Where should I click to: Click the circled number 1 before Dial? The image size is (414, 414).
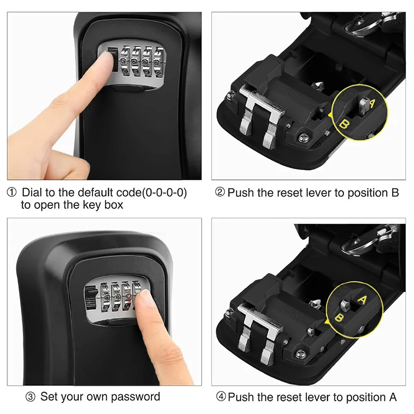coord(11,193)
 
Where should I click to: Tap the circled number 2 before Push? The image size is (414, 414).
coord(220,192)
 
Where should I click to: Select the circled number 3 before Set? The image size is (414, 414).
coord(30,397)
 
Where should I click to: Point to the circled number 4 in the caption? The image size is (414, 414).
coord(221,397)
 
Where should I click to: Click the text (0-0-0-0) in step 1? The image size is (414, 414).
coord(164,193)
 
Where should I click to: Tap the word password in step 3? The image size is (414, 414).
coord(135,397)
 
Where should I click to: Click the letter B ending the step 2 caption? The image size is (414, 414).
coord(395,193)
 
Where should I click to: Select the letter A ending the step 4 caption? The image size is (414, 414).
coord(393,397)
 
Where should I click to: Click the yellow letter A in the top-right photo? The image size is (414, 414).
coord(371,103)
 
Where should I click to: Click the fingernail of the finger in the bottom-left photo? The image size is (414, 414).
coord(145,298)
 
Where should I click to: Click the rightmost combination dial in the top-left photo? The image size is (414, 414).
coord(159,62)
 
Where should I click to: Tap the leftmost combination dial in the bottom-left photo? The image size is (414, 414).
coord(106,297)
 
